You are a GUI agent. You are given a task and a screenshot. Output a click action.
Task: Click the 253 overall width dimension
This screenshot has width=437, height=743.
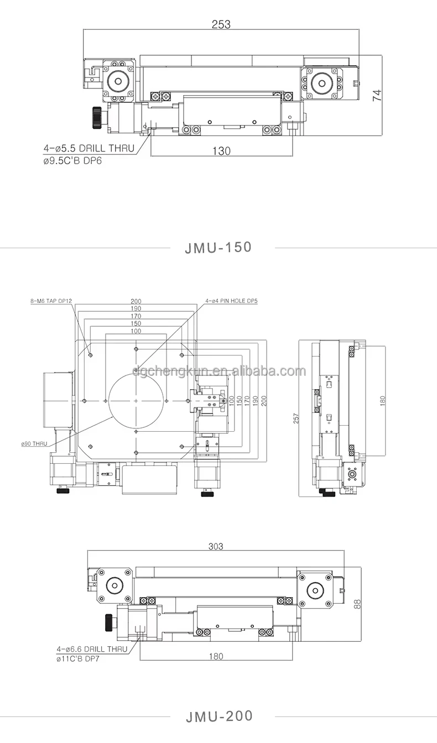click(x=221, y=24)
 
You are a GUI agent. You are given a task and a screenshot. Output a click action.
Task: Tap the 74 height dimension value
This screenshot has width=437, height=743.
click(x=377, y=96)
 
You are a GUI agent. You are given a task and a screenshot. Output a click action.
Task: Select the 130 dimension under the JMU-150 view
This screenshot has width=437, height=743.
click(x=221, y=151)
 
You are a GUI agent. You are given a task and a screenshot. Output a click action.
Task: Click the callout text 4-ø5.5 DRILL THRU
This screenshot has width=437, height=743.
click(x=89, y=148)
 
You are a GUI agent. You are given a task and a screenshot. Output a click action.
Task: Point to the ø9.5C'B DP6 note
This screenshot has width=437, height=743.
click(x=72, y=161)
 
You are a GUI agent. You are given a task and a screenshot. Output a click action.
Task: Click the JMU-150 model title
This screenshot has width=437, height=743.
click(x=218, y=248)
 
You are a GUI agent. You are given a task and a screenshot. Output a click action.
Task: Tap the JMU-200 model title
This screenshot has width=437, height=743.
click(x=219, y=716)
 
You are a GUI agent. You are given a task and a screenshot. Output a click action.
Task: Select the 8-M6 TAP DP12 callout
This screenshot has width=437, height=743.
click(x=51, y=301)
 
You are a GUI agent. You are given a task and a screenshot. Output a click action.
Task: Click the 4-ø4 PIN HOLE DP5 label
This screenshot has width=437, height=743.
click(x=231, y=301)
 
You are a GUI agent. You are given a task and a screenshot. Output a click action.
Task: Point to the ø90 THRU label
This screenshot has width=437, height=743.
click(x=34, y=444)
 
